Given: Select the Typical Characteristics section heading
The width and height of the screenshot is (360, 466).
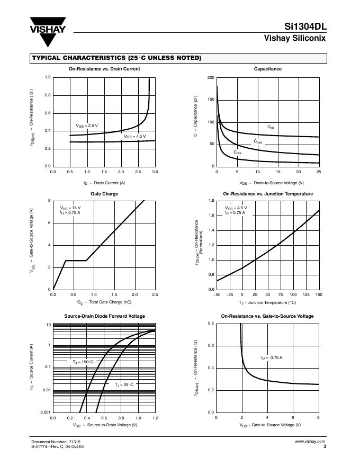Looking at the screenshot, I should tap(116, 58).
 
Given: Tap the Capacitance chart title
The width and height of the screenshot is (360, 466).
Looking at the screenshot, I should tap(267, 69).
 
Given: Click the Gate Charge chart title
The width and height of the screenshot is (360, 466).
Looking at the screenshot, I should tap(104, 194).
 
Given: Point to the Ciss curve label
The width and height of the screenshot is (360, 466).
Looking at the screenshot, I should tap(271, 127).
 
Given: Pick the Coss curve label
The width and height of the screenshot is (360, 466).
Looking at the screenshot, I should tap(257, 141).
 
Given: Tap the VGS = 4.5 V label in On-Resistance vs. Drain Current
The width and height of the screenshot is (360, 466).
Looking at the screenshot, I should tap(134, 136).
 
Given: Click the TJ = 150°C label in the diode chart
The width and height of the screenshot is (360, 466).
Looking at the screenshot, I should tap(83, 362).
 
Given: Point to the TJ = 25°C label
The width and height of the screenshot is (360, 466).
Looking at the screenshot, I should tap(124, 384).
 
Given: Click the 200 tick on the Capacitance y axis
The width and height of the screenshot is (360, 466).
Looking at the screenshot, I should tap(211, 78).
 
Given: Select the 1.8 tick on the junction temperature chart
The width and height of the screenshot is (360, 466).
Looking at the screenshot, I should tap(211, 201).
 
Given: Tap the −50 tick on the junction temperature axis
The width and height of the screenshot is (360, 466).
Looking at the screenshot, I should tap(217, 294).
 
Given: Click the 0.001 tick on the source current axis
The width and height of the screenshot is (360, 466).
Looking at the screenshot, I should tap(45, 412).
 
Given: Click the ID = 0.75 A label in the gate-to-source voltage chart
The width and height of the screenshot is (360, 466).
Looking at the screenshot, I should tap(272, 358).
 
